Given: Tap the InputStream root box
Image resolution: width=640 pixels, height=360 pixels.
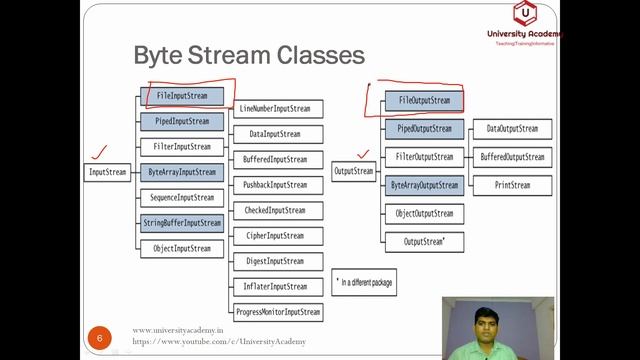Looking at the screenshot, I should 108,172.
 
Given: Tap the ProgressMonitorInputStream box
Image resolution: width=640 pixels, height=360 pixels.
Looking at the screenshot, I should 277,312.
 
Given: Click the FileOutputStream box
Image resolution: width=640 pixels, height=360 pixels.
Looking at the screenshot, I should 424,101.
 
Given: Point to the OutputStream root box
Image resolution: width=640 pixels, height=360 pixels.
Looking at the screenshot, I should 353,171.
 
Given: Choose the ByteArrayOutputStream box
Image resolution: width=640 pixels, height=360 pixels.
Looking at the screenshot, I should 424,185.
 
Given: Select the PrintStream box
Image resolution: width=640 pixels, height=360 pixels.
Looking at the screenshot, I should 512,185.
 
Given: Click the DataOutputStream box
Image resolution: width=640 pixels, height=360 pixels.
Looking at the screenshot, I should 512,129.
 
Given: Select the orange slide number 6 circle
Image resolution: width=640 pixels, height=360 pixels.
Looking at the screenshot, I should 100,337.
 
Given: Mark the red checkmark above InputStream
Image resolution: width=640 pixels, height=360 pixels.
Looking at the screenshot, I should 99,153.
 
